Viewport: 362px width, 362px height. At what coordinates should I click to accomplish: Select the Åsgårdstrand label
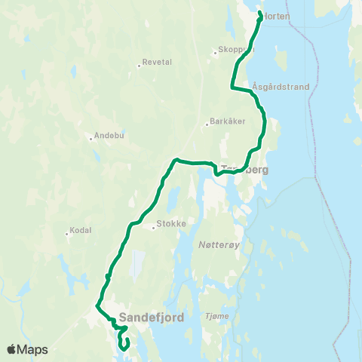click(x=281, y=87)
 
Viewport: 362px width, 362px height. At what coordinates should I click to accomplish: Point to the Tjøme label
click(x=215, y=317)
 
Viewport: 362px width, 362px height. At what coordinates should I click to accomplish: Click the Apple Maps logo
click(x=27, y=349)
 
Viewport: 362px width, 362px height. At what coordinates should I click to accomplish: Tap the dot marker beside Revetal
click(x=140, y=65)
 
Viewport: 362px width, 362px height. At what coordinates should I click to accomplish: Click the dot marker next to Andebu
click(x=90, y=138)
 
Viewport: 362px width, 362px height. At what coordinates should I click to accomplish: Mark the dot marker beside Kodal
click(x=67, y=233)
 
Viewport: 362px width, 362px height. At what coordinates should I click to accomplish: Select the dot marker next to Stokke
click(x=153, y=225)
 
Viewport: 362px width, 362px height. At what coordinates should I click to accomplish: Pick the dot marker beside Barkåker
click(x=207, y=124)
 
